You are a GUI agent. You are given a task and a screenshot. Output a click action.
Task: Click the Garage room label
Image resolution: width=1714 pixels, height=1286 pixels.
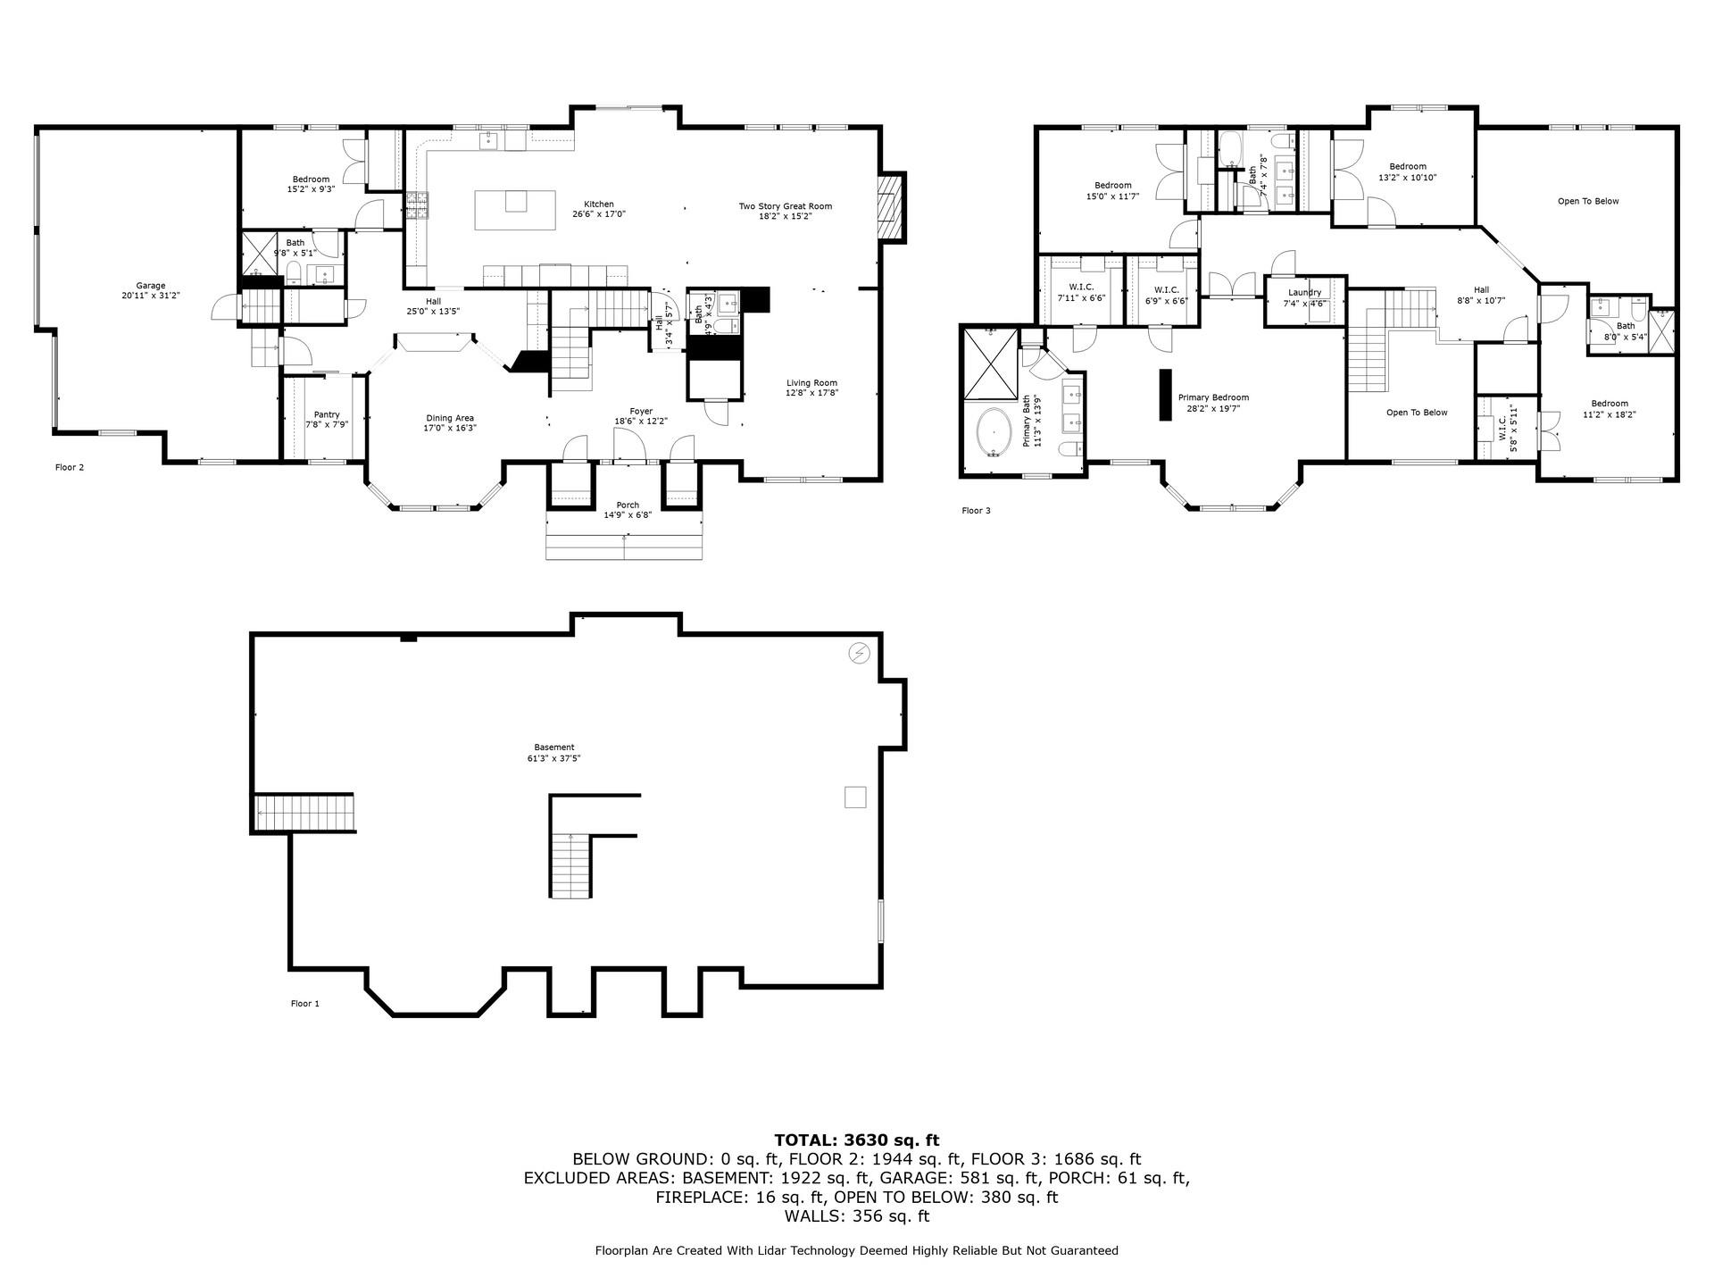pos(151,286)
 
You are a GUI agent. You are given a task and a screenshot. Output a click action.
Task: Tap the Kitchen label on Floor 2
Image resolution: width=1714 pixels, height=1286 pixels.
pos(599,205)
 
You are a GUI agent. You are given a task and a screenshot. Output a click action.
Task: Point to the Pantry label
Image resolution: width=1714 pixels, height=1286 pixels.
pos(327,414)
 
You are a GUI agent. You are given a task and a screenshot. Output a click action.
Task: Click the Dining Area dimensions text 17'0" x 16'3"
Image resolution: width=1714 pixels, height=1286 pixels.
pos(450,428)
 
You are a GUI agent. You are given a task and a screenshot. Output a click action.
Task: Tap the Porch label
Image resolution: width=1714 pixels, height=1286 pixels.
pos(628,505)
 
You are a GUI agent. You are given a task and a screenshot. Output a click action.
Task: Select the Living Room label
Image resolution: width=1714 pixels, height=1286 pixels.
pos(811,382)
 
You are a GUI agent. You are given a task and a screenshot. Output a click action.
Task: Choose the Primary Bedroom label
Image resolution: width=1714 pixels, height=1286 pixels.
pos(1213,397)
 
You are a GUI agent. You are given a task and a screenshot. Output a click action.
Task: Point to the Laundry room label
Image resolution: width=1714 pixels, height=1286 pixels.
pos(1304,292)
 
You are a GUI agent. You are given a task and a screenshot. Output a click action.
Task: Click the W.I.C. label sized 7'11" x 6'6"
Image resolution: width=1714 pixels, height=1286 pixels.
pos(1081,287)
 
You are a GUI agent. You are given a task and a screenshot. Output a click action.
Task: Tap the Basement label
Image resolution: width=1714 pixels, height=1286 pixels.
pos(554,747)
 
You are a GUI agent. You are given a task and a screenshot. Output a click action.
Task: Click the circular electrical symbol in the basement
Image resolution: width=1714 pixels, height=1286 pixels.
pos(859,654)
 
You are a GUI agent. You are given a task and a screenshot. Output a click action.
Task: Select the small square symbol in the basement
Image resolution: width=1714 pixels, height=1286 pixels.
pos(855,797)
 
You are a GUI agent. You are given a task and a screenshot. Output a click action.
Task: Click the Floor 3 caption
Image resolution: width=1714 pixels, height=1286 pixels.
pos(976,511)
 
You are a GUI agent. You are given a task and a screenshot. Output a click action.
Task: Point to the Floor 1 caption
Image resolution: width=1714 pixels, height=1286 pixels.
pos(304,1004)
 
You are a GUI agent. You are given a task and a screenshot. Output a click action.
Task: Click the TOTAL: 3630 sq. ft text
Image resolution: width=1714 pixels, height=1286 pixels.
pos(856,1140)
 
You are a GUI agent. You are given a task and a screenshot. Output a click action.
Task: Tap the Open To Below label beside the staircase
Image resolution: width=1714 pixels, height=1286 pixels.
pos(1417,413)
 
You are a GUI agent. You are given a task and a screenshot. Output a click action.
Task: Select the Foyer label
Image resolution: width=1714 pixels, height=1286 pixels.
pos(640,411)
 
